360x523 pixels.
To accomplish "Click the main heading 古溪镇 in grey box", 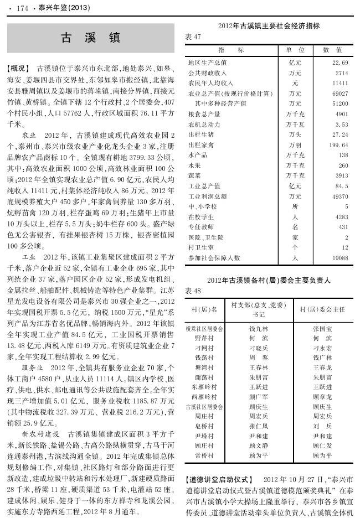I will pos(90,38).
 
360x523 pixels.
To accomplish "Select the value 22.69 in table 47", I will pos(340,63).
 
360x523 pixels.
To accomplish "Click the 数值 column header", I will pos(332,50).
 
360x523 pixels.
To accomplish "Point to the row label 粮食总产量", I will pos(204,114).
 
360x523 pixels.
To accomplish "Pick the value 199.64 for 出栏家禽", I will pos(338,145).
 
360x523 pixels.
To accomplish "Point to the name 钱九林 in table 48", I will pos(259,328).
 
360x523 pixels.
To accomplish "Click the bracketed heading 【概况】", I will pos(17,69).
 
